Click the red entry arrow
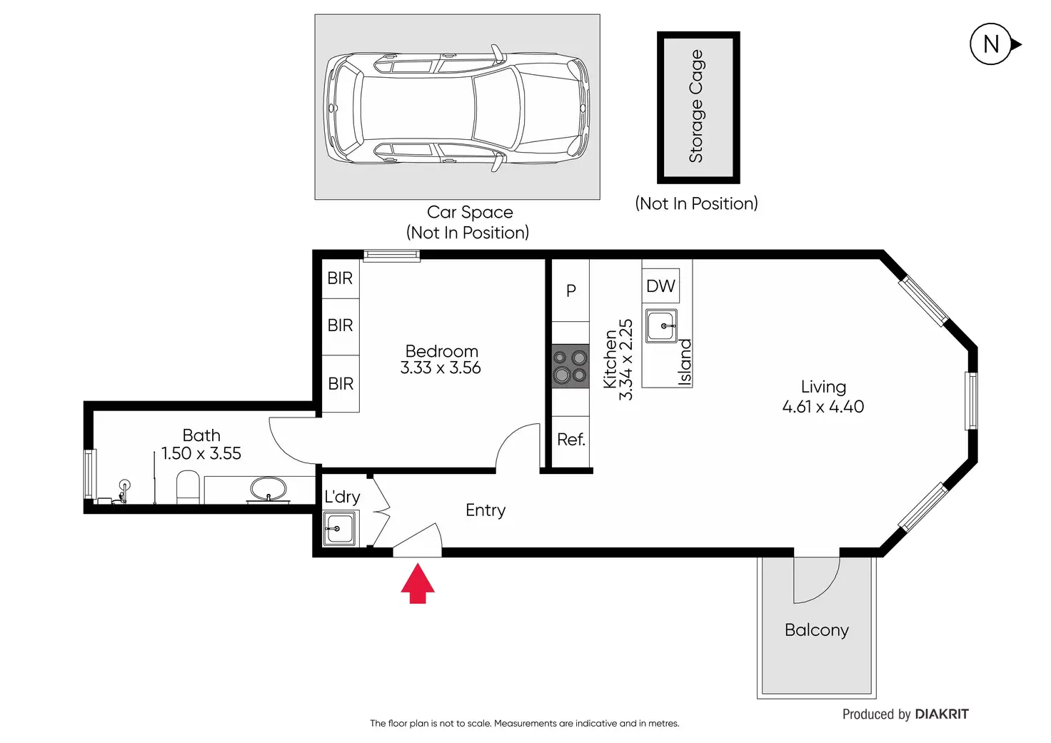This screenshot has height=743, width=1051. pos(418,584)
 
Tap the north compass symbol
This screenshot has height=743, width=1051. pos(991,44)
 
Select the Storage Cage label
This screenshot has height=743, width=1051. pos(696,106)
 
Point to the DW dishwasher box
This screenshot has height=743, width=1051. pos(660,286)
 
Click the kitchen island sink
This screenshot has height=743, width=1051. pos(661,326)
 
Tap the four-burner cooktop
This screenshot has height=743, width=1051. pos(570,366)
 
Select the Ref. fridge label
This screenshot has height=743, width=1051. pos(571,440)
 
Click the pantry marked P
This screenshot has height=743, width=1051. pos(571,290)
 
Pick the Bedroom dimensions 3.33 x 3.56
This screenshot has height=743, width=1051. pos(441,368)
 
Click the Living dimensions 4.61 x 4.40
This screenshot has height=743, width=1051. pos(823,407)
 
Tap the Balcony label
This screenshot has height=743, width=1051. pos(816,630)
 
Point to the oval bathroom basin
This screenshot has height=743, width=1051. pos(268,489)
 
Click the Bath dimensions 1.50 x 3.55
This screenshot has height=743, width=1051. pos(201,453)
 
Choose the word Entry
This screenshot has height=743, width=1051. pos(486,510)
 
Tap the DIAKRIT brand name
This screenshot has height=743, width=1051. pos(942,714)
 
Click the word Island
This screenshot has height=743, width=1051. pos(685,363)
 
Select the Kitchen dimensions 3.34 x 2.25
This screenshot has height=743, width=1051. pos(625,360)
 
